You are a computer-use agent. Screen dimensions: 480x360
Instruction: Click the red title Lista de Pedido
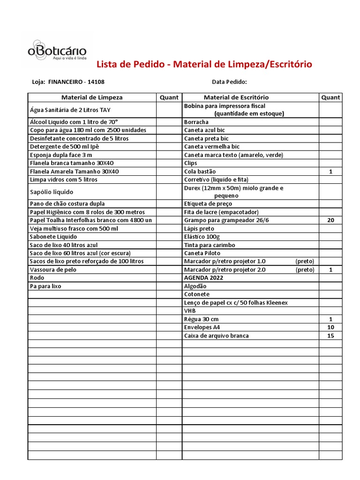point(204,64)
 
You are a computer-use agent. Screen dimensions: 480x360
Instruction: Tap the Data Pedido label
point(229,82)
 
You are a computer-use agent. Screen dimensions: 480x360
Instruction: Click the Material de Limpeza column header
point(92,97)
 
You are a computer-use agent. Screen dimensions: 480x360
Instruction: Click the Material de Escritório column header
point(236,97)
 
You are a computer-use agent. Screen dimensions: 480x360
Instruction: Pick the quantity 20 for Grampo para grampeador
point(330,220)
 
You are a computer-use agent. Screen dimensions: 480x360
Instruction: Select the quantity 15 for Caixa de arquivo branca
point(330,336)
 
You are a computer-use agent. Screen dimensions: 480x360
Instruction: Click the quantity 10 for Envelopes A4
point(330,327)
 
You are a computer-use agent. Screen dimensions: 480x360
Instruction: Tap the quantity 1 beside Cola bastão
point(330,172)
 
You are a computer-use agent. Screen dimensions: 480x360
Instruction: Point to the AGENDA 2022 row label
point(203,277)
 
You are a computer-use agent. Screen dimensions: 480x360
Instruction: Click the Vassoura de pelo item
point(53,270)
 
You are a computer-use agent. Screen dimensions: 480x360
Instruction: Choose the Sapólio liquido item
point(52,192)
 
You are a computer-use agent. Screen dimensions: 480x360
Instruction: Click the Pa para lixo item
point(46,286)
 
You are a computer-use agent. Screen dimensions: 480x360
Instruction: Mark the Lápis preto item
point(199,228)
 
